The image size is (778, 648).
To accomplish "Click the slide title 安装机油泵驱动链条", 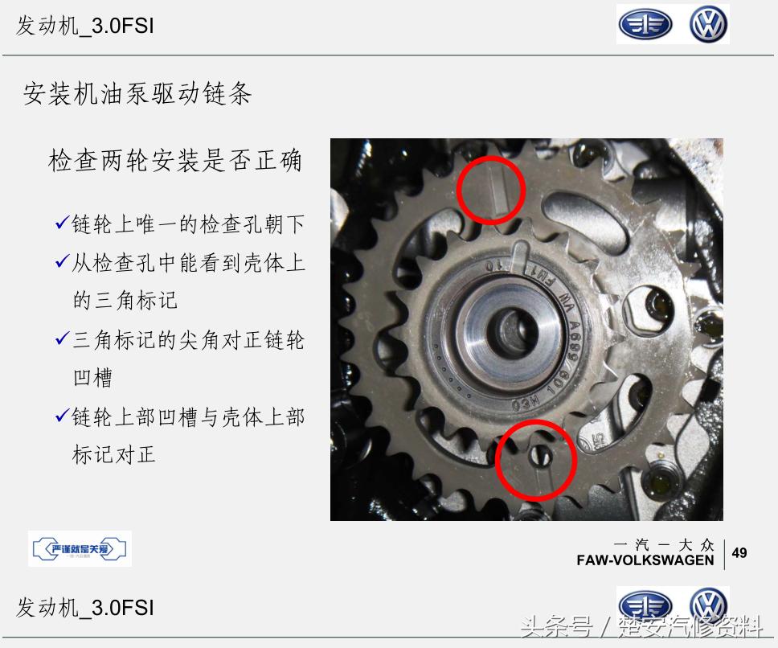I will [x=137, y=94].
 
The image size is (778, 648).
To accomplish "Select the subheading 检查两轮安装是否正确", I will [x=175, y=160].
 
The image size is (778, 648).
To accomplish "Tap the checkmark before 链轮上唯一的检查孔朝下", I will [x=62, y=224].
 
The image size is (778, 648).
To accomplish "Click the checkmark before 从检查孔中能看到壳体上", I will [x=62, y=262].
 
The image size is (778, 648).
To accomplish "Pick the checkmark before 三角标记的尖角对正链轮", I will [x=62, y=339].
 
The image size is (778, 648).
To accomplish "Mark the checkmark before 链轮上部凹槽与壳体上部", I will [x=62, y=416].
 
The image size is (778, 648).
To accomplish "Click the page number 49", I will [x=739, y=552].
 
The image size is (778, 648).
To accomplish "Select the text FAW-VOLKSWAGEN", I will [x=645, y=560].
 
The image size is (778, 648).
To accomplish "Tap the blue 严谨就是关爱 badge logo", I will [x=80, y=549].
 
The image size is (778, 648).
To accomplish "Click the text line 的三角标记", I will [x=125, y=301].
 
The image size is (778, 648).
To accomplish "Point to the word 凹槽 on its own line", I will [x=92, y=377].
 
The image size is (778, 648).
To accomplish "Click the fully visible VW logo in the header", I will [x=708, y=26].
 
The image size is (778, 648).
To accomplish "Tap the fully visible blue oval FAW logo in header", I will [x=645, y=26].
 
